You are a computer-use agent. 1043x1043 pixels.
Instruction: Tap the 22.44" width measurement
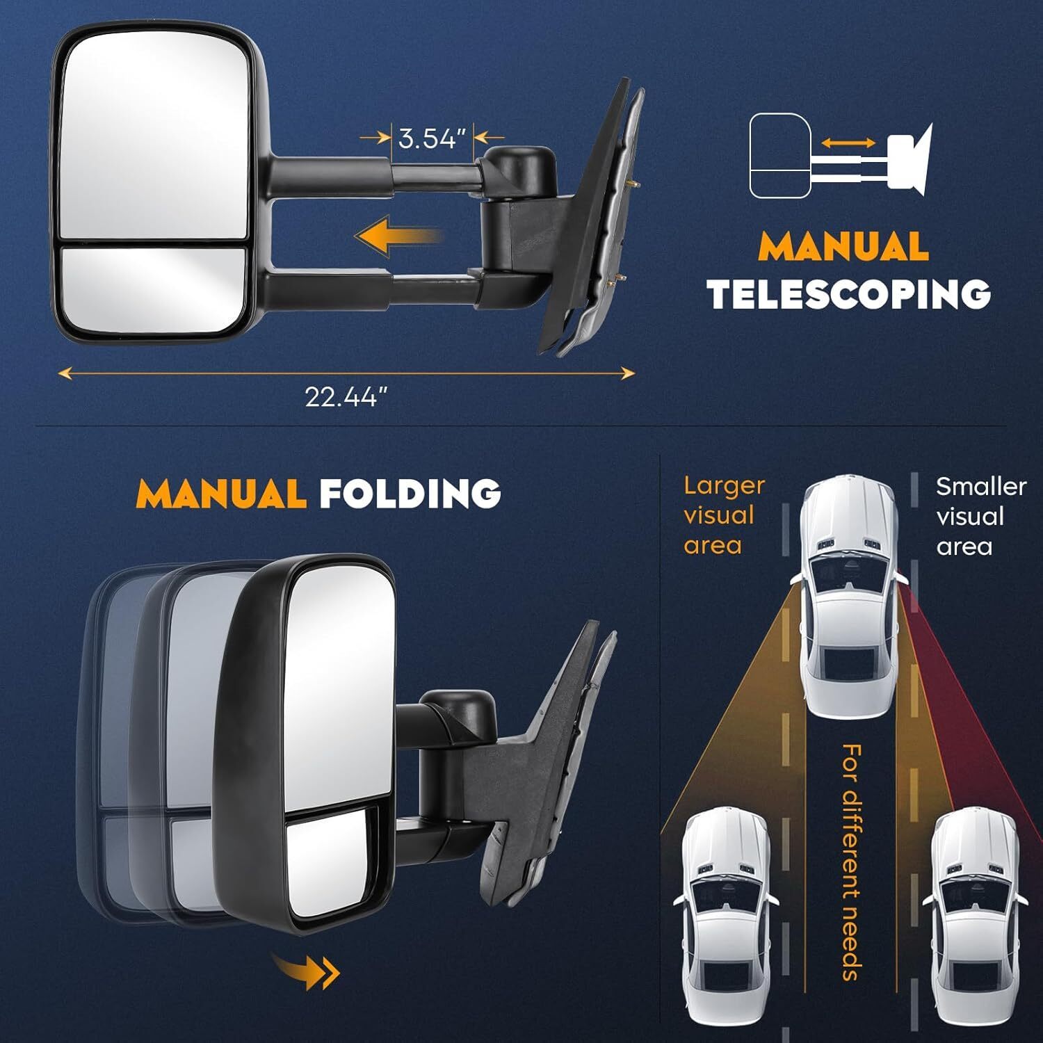346,397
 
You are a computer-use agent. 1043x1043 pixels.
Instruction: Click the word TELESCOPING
849,294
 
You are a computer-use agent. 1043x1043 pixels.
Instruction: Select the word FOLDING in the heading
410,493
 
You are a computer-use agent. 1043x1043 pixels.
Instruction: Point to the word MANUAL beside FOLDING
222,493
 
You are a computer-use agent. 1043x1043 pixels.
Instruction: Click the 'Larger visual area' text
724,515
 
